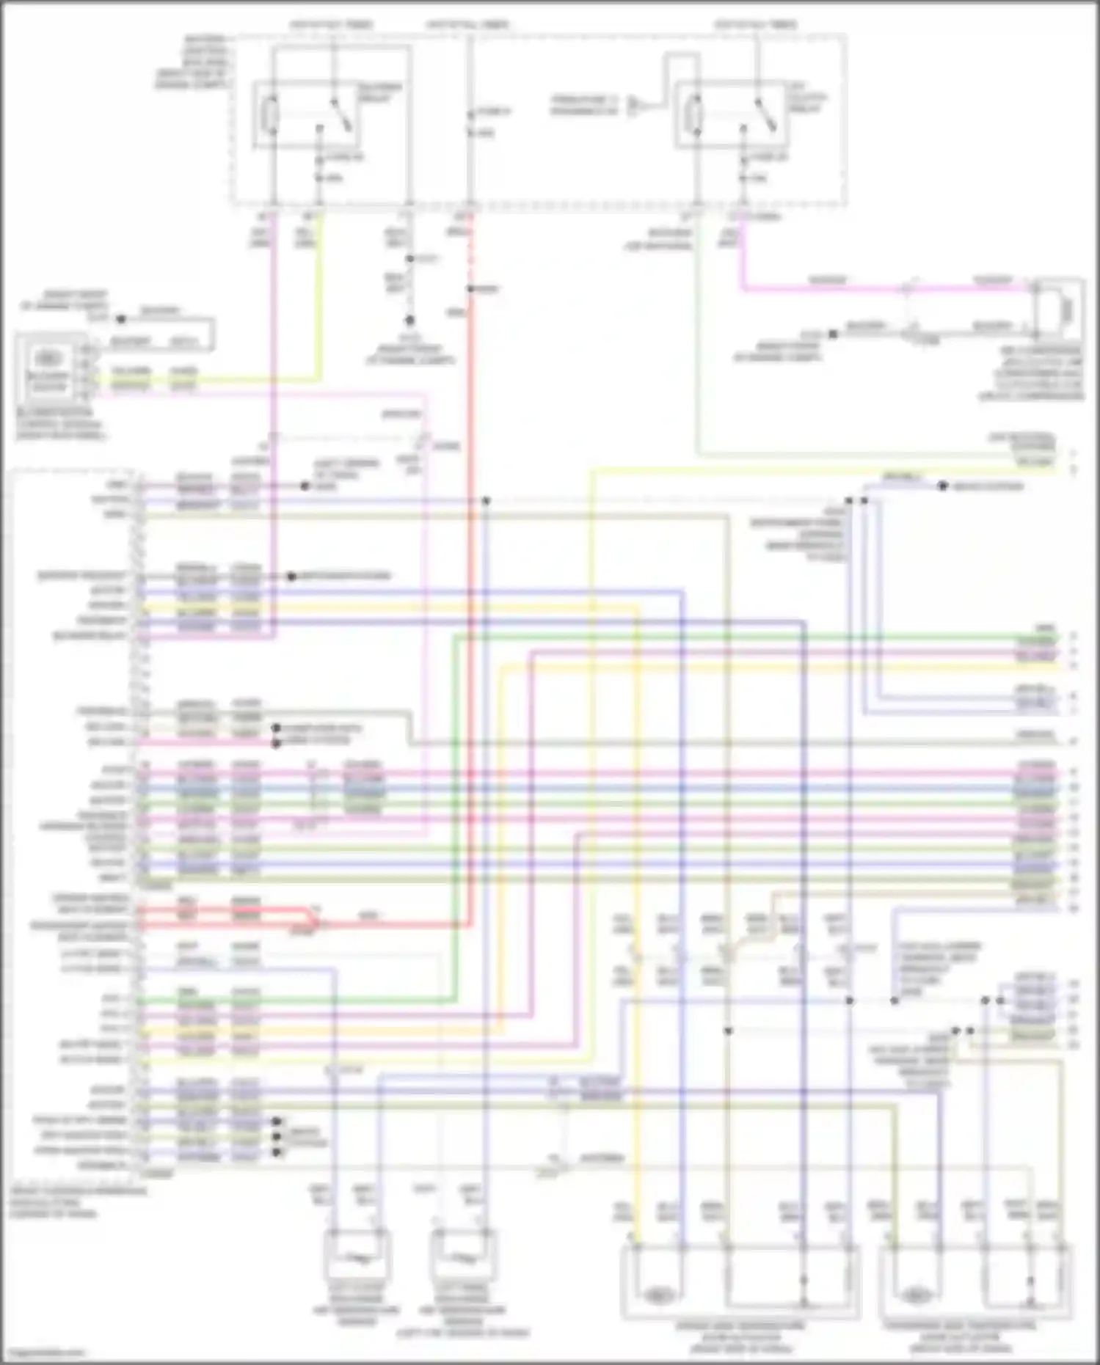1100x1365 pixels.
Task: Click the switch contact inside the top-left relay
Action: click(x=342, y=116)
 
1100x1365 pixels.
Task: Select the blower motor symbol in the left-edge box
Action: click(x=47, y=359)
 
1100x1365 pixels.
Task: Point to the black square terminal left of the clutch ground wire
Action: click(x=833, y=334)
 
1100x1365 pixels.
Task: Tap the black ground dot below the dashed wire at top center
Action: click(x=409, y=321)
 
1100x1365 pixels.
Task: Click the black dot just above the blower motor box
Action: click(x=121, y=320)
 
